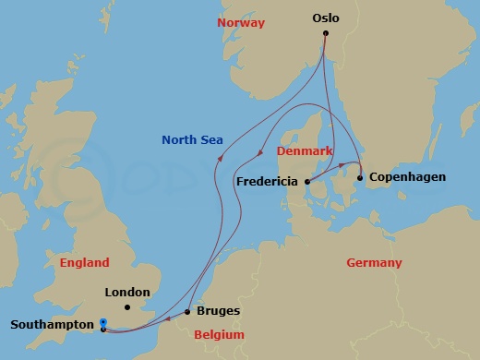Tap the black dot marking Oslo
[325, 34]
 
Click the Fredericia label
[268, 182]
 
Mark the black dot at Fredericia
[306, 182]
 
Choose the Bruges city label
[220, 312]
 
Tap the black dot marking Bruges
[188, 312]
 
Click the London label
[127, 293]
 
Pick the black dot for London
[126, 306]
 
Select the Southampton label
[52, 325]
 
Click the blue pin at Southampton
[102, 323]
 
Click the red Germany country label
[374, 263]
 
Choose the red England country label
[84, 263]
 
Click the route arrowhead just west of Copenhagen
[342, 166]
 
